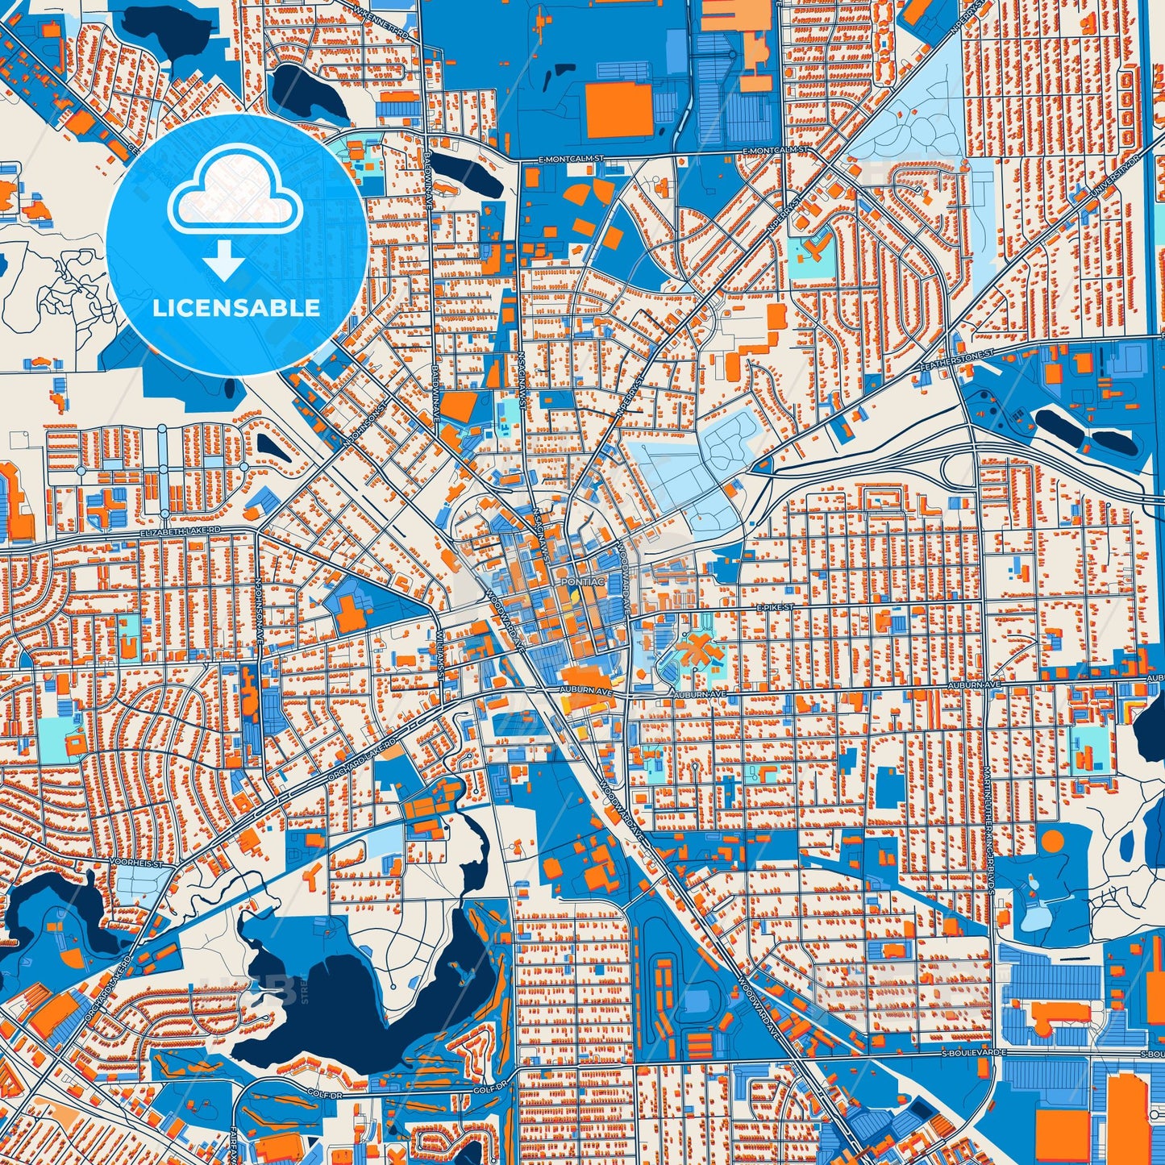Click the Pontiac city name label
581,581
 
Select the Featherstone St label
958,362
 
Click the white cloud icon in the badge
235,195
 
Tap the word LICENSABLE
236,308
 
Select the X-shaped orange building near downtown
694,650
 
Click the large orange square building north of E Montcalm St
618,110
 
